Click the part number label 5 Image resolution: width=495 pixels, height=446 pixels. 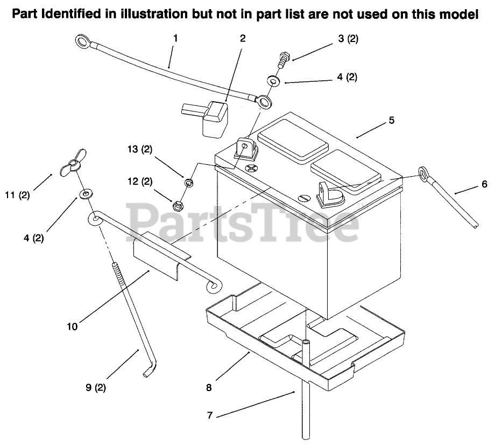pyautogui.click(x=392, y=120)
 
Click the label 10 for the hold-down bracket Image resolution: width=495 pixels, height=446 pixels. pyautogui.click(x=73, y=325)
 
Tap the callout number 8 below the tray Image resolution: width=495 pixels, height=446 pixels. pyautogui.click(x=209, y=386)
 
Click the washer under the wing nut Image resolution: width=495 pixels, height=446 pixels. pyautogui.click(x=85, y=193)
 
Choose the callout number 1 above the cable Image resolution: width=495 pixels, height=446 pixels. pyautogui.click(x=175, y=38)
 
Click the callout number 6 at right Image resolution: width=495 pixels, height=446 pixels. pyautogui.click(x=484, y=184)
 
